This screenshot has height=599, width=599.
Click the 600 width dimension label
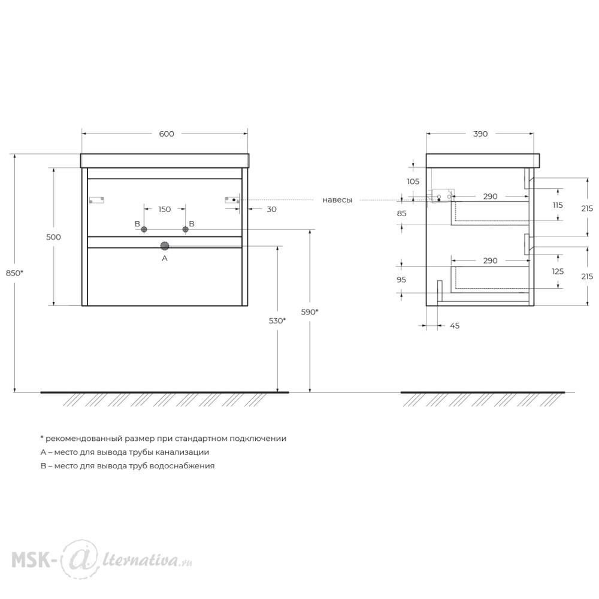click(x=167, y=134)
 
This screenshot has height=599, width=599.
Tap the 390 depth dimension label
click(x=480, y=134)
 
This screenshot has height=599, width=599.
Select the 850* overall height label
click(x=14, y=273)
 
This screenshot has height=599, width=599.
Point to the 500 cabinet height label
click(x=53, y=237)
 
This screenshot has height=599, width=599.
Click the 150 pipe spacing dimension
click(x=165, y=209)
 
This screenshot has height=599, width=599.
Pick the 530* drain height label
click(x=277, y=321)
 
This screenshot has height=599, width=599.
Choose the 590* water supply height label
click(x=310, y=312)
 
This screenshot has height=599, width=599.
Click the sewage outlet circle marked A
click(x=165, y=246)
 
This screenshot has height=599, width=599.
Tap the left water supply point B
click(x=144, y=229)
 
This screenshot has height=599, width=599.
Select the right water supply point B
click(x=185, y=229)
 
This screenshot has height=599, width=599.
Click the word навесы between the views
click(x=337, y=200)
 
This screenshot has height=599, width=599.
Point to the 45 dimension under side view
click(x=455, y=326)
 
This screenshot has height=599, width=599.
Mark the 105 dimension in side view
click(x=413, y=181)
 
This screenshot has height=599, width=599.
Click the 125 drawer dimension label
click(x=558, y=271)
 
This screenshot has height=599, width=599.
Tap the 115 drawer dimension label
click(x=558, y=205)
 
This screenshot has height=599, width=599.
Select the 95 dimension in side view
click(x=401, y=280)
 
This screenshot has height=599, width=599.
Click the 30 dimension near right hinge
click(x=271, y=209)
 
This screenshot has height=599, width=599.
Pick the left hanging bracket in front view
click(x=96, y=200)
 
